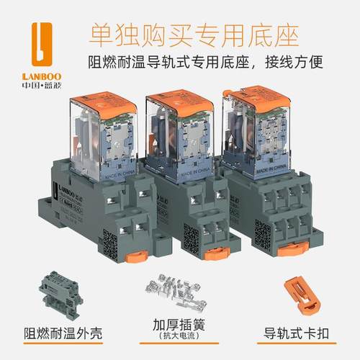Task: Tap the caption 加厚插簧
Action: click(179, 323)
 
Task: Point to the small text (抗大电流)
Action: click(179, 337)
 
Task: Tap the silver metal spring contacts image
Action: click(179, 291)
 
